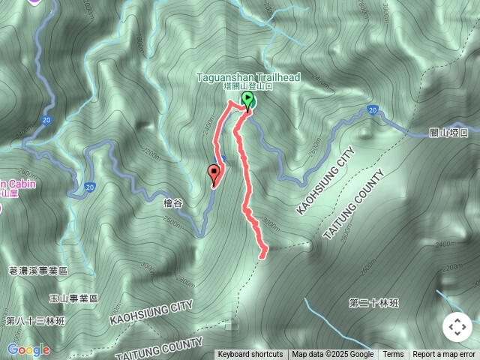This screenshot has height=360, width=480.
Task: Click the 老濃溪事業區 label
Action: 38,270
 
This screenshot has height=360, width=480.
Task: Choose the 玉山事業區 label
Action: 74,298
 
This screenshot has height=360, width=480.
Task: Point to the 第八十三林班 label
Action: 35,321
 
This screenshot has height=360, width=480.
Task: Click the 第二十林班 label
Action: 374,303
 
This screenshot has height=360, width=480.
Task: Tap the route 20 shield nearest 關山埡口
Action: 372,110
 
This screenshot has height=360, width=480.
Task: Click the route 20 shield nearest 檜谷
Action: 90,187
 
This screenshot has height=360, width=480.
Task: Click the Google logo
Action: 28,349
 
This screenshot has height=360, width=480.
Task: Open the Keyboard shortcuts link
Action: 250,355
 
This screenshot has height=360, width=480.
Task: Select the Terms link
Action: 393,355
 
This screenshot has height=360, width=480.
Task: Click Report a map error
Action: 444,355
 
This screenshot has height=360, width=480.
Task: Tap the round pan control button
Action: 457,327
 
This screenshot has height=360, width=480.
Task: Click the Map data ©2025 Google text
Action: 333,355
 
